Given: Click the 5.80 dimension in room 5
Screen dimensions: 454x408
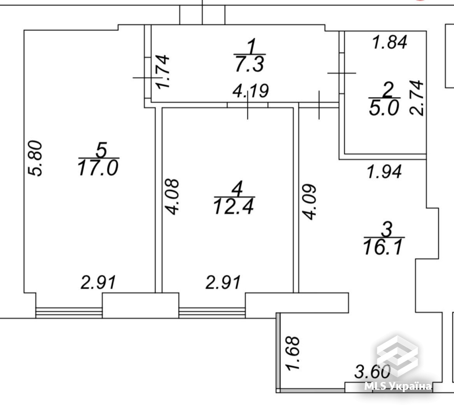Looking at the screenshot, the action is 35,158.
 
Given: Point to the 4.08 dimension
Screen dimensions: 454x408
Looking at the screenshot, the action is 172,197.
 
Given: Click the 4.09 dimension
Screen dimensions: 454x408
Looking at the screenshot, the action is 309,202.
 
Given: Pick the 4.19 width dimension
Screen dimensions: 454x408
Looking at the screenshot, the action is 251,91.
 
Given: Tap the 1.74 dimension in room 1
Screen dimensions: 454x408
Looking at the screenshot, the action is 163,72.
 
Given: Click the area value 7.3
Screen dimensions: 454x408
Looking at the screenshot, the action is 250,64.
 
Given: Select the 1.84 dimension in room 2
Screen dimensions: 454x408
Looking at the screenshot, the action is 390,42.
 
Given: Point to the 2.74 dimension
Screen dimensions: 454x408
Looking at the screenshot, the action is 416,98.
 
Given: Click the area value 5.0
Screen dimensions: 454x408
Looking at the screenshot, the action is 384,108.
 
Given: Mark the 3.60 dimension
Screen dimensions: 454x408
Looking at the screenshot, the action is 372,372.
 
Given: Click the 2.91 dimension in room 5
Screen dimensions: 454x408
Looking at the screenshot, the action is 98,283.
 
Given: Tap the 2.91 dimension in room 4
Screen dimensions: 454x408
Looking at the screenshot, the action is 223,283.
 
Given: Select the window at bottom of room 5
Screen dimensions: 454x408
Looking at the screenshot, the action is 69,313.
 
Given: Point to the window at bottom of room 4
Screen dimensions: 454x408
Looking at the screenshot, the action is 212,313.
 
